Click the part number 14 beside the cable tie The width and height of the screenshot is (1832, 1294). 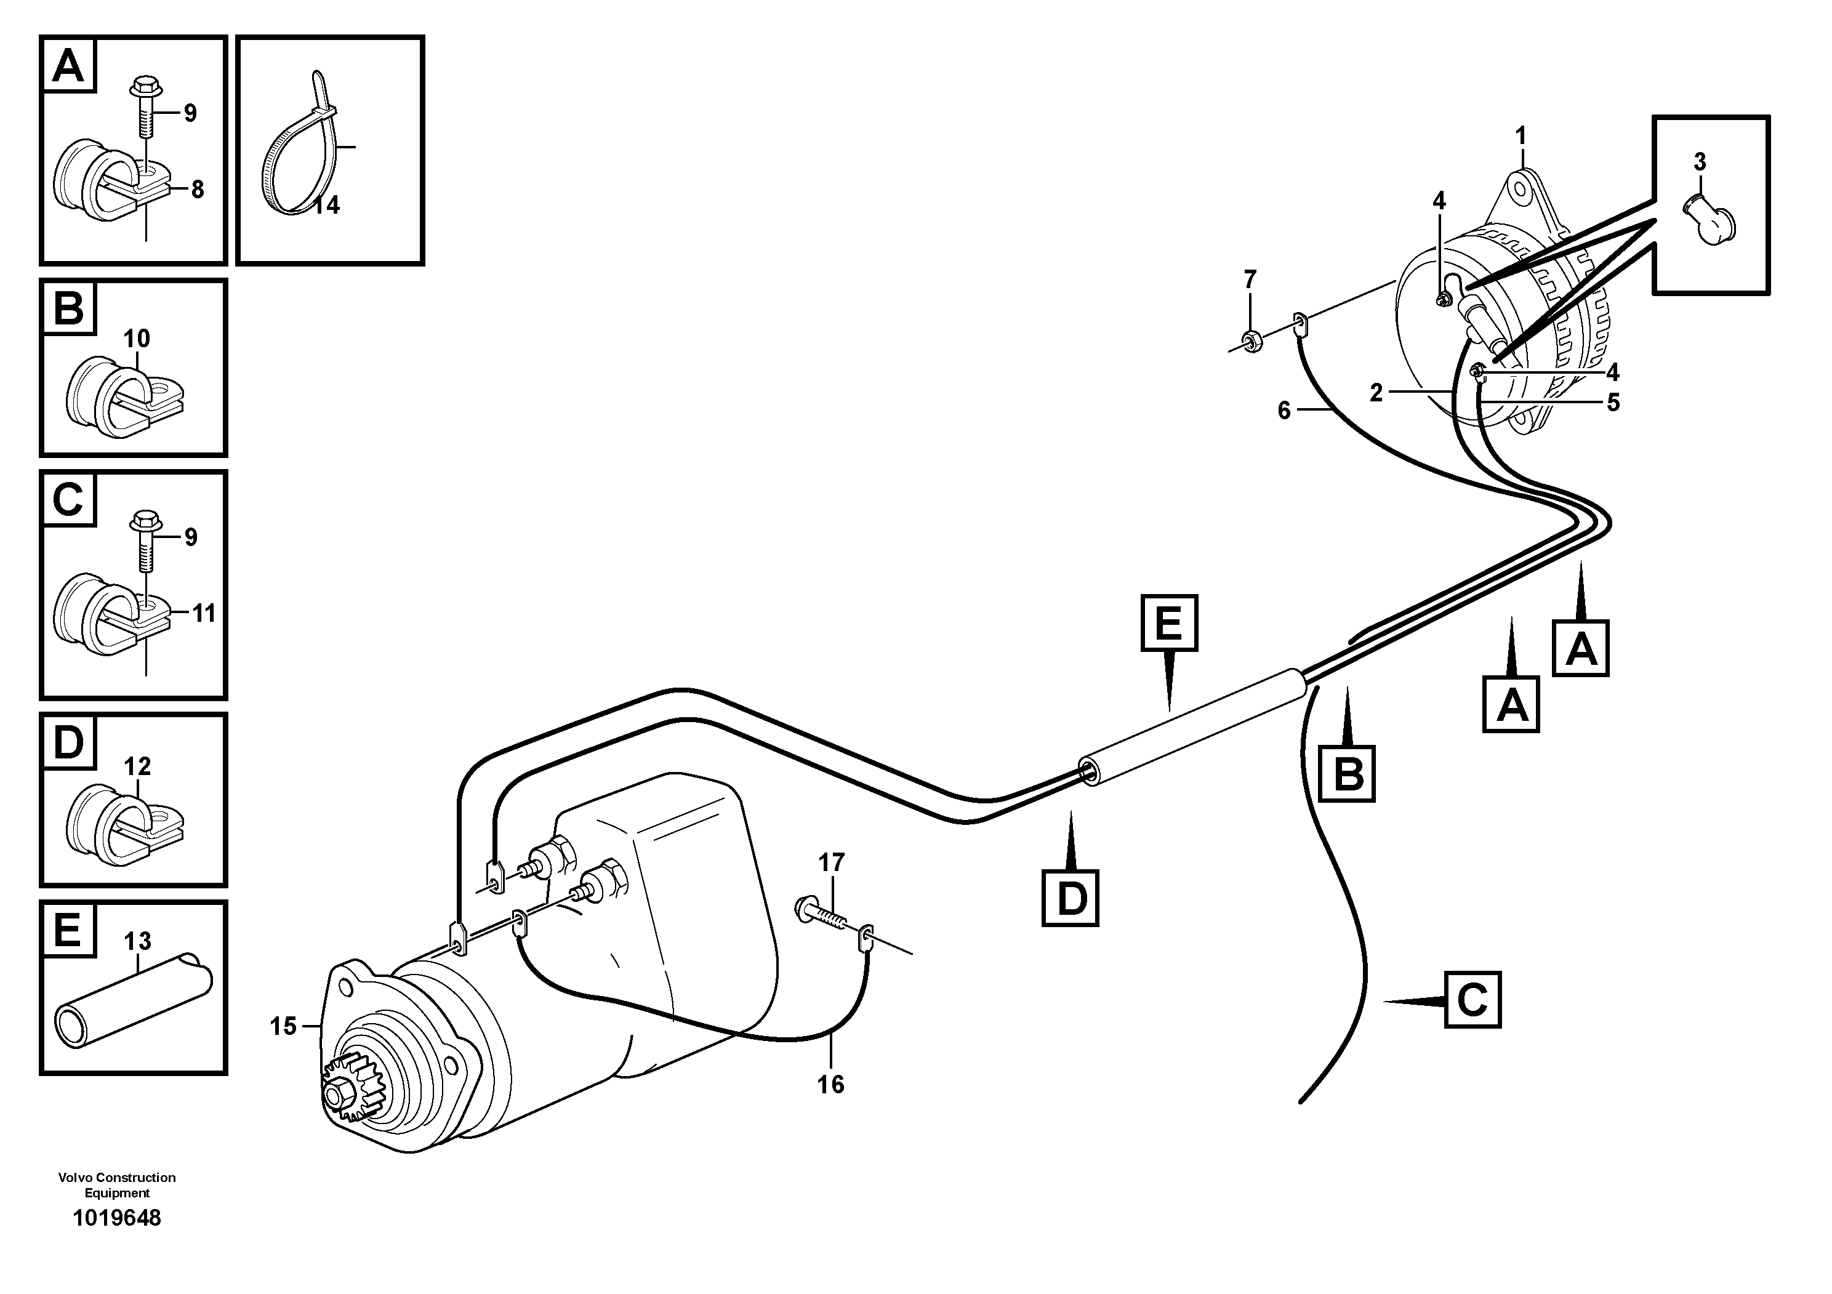tap(326, 205)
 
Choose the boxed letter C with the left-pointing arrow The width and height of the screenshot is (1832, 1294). tap(1472, 1000)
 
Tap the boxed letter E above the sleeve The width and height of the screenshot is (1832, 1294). tap(1169, 623)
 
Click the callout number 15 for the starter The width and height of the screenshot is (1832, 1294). tap(283, 1026)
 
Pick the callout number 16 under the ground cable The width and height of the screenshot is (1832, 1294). tap(830, 1084)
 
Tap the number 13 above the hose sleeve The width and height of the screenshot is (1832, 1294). tap(137, 941)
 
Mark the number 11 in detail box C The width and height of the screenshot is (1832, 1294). tap(204, 614)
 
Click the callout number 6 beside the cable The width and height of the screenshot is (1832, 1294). tap(1284, 411)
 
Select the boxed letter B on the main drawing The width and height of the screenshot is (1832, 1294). tap(1348, 773)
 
